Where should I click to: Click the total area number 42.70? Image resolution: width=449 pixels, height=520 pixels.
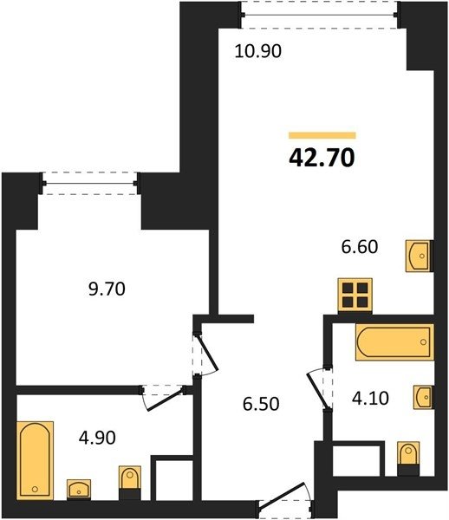(x=322, y=158)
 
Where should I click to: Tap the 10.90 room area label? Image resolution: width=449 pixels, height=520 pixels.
(x=258, y=51)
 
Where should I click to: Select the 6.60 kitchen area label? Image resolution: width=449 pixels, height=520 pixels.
(x=360, y=247)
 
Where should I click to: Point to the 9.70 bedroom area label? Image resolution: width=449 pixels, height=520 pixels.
(x=107, y=289)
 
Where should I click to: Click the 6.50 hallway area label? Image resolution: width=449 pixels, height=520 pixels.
(x=261, y=404)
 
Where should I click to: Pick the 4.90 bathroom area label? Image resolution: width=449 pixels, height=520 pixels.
(x=97, y=438)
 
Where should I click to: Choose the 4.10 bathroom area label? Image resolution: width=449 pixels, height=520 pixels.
(x=370, y=399)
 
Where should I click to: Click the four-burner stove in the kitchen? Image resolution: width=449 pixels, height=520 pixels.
(x=355, y=296)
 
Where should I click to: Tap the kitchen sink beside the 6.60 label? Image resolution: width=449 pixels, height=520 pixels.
(x=420, y=257)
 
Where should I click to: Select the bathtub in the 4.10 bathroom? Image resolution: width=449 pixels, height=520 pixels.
(x=394, y=342)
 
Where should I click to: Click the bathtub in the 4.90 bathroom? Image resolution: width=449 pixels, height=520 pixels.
(x=35, y=460)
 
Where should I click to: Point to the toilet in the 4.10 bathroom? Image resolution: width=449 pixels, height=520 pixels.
(x=408, y=458)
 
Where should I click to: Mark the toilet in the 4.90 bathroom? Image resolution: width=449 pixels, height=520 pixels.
(x=130, y=483)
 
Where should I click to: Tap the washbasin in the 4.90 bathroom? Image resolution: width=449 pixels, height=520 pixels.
(x=79, y=489)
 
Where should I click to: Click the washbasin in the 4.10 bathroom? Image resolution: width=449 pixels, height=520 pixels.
(x=423, y=397)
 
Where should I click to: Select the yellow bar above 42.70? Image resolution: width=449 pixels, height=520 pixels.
(x=322, y=135)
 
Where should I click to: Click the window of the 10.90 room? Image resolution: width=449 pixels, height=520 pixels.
(x=319, y=15)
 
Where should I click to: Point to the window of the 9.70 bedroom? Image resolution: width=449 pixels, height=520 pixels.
(x=89, y=183)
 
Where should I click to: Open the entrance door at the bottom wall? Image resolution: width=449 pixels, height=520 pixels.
(x=286, y=499)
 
